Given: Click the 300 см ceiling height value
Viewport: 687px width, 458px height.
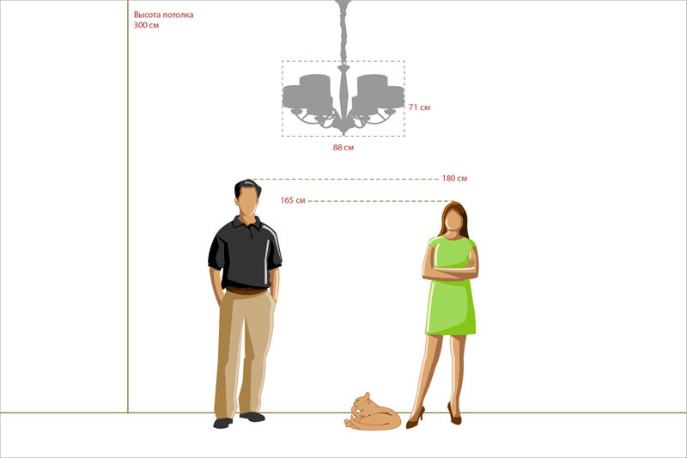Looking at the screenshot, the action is click(146, 25).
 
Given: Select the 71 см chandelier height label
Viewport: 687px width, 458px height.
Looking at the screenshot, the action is click(419, 107).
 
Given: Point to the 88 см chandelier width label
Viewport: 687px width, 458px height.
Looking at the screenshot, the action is click(343, 147).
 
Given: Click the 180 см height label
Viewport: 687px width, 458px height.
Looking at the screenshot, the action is click(454, 178).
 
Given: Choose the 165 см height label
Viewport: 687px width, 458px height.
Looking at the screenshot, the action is click(293, 200).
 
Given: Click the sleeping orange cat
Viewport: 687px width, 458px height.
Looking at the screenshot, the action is click(373, 412).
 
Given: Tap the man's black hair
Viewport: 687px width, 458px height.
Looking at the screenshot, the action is click(247, 187).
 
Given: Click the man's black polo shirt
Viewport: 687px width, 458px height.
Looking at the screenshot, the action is click(246, 252).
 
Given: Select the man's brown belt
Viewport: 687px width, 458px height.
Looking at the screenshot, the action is click(246, 290).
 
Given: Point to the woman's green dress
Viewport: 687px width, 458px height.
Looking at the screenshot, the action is click(451, 290).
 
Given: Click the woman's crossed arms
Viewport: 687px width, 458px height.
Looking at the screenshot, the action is click(450, 271).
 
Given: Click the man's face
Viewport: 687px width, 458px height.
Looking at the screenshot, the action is click(248, 203).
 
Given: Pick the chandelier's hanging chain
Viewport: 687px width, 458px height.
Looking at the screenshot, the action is click(343, 32).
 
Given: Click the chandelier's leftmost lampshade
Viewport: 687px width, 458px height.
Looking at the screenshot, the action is click(299, 97).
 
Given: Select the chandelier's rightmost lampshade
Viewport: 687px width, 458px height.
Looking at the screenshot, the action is click(388, 97).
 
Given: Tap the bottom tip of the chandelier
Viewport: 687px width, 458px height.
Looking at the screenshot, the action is click(344, 134).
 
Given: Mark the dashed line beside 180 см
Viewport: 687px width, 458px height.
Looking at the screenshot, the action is click(343, 180).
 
